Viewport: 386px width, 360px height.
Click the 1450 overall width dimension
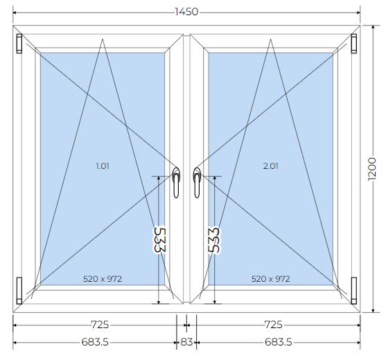click(186, 12)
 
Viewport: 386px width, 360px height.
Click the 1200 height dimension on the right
click(372, 169)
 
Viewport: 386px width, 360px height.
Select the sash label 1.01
click(103, 166)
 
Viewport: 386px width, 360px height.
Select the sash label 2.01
click(270, 166)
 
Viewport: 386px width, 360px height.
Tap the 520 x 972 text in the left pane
click(103, 279)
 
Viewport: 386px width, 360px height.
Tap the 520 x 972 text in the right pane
click(270, 279)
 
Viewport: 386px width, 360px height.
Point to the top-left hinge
click(19, 44)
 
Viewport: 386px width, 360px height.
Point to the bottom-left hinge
click(19, 291)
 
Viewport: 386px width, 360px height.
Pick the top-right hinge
click(353, 44)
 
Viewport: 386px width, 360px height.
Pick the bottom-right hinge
click(353, 291)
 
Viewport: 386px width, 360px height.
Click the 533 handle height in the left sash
click(160, 240)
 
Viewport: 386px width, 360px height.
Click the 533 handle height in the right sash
click(213, 240)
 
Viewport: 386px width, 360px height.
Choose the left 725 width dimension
click(100, 325)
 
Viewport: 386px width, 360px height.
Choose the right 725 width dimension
click(273, 325)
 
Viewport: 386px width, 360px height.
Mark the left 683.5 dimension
click(95, 342)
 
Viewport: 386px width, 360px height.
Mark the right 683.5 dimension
click(279, 342)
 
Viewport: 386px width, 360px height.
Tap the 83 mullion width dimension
click(186, 342)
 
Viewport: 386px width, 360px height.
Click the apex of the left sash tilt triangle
click(103, 39)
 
